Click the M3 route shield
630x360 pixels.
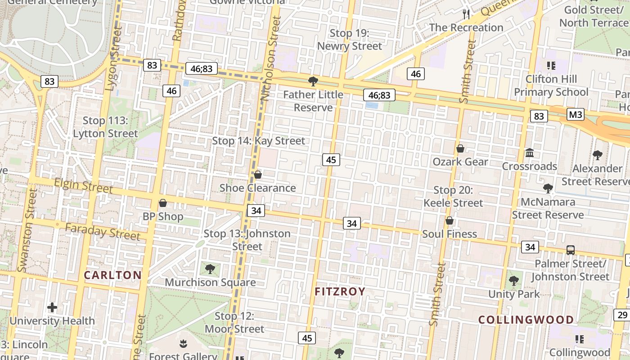pyautogui.click(x=575, y=114)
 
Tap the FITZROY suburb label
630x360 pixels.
pyautogui.click(x=340, y=292)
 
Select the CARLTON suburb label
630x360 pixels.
pyautogui.click(x=112, y=275)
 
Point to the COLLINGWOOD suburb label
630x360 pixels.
pyautogui.click(x=526, y=320)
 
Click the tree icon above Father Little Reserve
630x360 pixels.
pyautogui.click(x=313, y=81)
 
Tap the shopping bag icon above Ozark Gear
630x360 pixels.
pyautogui.click(x=460, y=148)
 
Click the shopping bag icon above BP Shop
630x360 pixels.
pyautogui.click(x=163, y=203)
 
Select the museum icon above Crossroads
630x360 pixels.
pyautogui.click(x=530, y=153)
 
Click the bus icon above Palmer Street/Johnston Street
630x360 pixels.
pyautogui.click(x=570, y=250)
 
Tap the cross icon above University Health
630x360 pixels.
pyautogui.click(x=52, y=308)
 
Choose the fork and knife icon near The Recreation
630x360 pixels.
pyautogui.click(x=466, y=14)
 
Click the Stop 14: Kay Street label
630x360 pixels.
pyautogui.click(x=258, y=141)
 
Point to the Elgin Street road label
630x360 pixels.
pyautogui.click(x=83, y=185)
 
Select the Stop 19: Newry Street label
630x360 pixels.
pyautogui.click(x=350, y=40)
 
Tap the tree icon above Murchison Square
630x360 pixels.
pyautogui.click(x=210, y=269)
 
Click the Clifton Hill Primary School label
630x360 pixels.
pyautogui.click(x=551, y=85)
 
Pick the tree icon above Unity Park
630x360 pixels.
pyautogui.click(x=514, y=281)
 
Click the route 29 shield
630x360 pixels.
pyautogui.click(x=622, y=315)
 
